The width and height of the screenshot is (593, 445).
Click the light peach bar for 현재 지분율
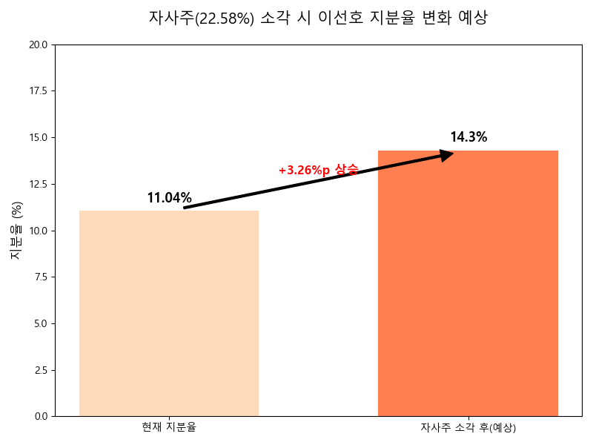[x=169, y=313]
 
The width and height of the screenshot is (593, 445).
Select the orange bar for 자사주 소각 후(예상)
[x=468, y=283]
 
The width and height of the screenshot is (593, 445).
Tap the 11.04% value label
[x=169, y=198]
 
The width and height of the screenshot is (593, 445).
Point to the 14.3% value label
[x=468, y=137]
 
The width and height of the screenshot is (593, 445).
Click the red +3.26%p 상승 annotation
[x=319, y=170]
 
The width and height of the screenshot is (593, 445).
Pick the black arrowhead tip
[x=452, y=154]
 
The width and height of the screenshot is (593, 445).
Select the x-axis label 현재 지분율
[x=169, y=427]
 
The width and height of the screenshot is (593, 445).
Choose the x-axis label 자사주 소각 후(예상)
[x=468, y=427]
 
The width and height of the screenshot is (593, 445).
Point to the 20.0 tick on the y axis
[x=38, y=44]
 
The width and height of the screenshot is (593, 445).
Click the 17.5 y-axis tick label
[x=38, y=91]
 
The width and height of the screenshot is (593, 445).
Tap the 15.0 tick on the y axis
[x=38, y=138]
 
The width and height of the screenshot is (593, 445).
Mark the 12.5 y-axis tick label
[x=38, y=184]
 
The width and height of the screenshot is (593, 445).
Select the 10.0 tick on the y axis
[x=38, y=231]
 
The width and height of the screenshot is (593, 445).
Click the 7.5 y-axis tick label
[x=40, y=277]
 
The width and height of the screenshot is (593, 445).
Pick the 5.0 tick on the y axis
[x=40, y=323]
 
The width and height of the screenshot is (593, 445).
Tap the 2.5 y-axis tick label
[x=40, y=370]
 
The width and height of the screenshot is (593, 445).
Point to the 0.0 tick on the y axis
[x=40, y=416]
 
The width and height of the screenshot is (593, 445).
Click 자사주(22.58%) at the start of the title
[x=202, y=18]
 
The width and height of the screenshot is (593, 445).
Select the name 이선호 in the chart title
[x=340, y=18]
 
